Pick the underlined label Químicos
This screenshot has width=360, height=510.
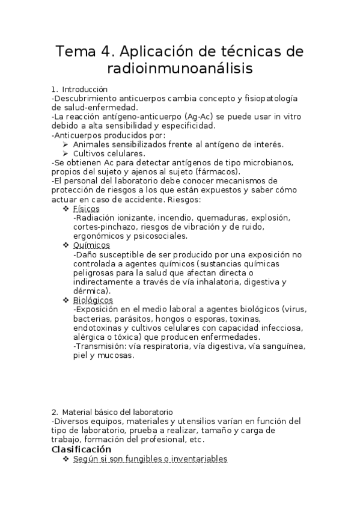91,245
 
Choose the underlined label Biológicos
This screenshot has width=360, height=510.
93,300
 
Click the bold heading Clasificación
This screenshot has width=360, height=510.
82,449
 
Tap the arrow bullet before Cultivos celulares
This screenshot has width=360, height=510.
66,153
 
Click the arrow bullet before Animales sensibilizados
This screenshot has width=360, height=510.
66,144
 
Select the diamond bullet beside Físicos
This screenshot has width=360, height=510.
66,208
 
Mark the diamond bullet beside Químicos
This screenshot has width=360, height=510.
66,245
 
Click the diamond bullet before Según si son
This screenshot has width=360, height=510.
66,459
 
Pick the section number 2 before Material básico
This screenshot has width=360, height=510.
54,412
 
